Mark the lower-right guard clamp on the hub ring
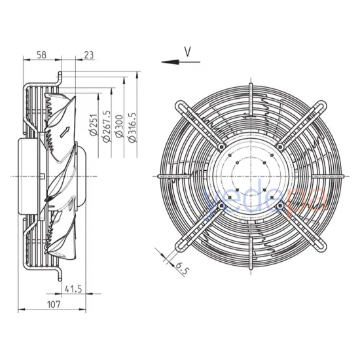point(280,206)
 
